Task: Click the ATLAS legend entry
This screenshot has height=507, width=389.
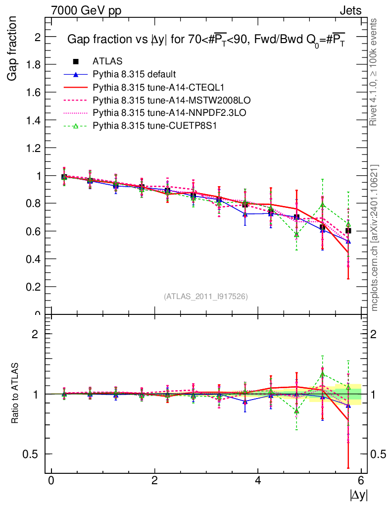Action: coord(107,61)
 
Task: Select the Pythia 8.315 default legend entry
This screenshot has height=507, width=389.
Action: coord(134,74)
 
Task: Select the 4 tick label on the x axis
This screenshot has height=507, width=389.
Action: coord(258,481)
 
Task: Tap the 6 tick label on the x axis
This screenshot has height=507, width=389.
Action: coord(361,481)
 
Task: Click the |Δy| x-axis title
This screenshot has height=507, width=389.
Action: coord(359,495)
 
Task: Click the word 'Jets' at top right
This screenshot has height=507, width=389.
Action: coord(350,10)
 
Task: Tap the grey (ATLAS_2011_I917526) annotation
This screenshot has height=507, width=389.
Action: coord(206,296)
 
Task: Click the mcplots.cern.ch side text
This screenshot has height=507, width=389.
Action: coord(375,238)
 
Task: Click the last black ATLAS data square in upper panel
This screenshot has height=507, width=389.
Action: coord(348,230)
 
